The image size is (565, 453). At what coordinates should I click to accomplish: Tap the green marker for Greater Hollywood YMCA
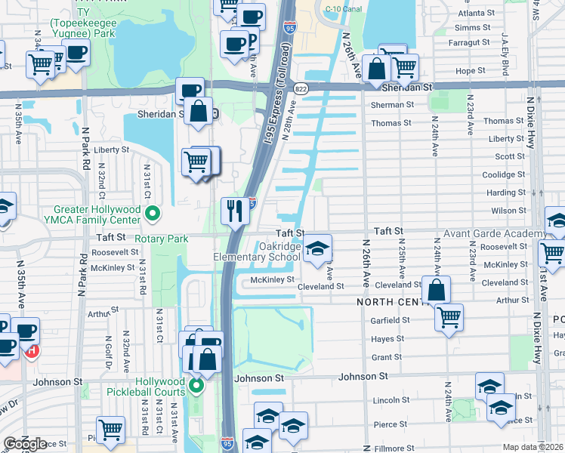coord(153,214)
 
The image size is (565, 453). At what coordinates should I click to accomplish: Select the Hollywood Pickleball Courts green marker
coord(196,387)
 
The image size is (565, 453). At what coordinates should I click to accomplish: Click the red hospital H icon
coord(31,350)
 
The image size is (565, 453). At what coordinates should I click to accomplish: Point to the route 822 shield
coord(300,88)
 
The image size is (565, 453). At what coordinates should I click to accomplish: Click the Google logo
coord(25,444)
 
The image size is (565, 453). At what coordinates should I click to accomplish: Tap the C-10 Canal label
coord(340,9)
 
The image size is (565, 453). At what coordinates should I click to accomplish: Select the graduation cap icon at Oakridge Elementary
coord(318,248)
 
